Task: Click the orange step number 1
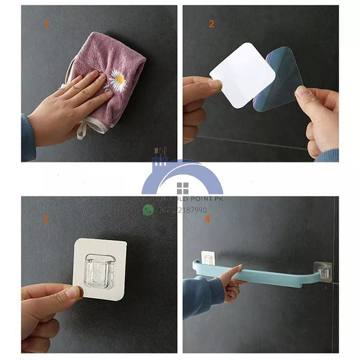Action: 47,25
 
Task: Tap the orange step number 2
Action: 211,25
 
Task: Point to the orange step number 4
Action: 208,220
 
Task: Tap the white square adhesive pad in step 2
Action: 241,76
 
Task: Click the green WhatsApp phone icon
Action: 148,210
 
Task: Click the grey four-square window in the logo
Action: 182,188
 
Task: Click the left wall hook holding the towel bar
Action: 208,260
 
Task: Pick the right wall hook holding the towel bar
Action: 325,271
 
